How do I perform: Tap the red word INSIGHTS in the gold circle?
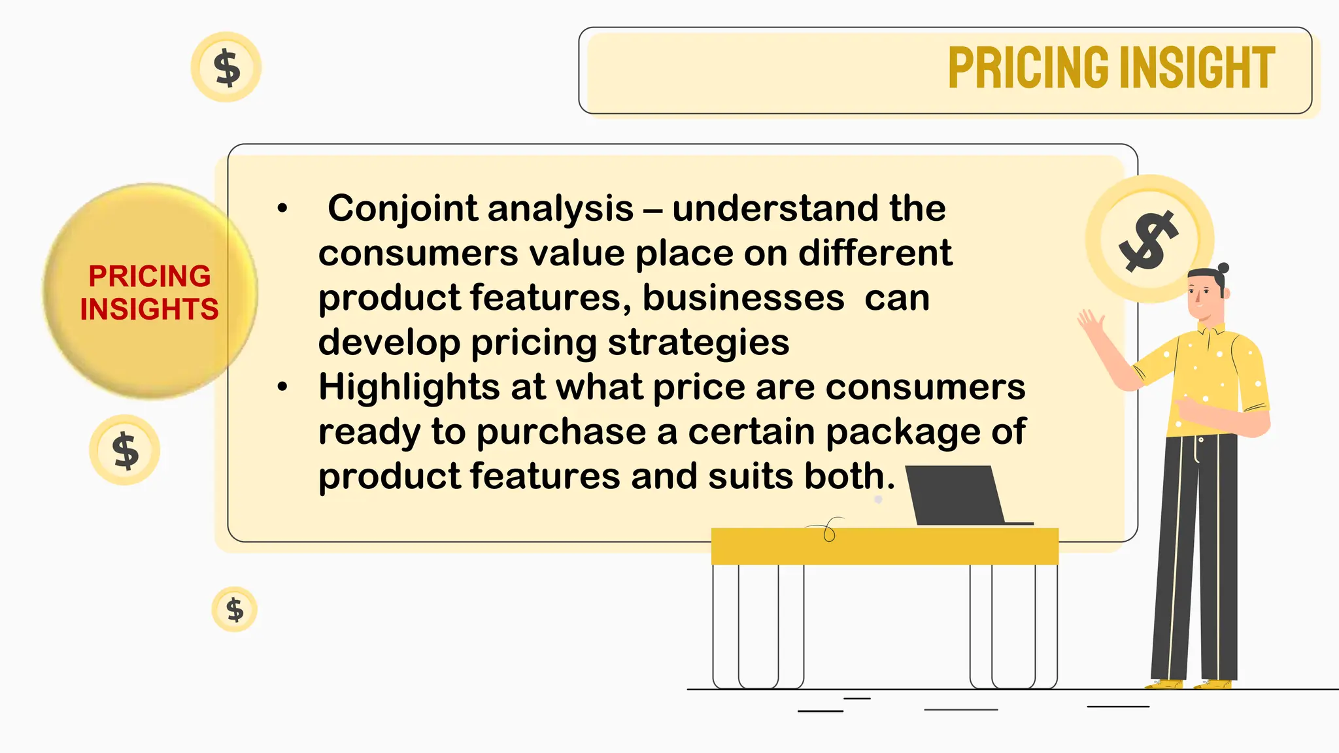click(149, 309)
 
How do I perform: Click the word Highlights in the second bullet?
click(409, 387)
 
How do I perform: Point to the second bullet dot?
click(282, 387)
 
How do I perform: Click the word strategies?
click(698, 343)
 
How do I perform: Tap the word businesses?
click(743, 298)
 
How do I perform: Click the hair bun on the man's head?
click(1223, 268)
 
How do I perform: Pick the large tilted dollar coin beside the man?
click(1148, 239)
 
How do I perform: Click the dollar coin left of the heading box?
click(226, 67)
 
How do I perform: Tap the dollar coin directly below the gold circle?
click(125, 450)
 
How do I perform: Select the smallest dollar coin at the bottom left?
click(234, 610)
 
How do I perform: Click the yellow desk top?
click(884, 546)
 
